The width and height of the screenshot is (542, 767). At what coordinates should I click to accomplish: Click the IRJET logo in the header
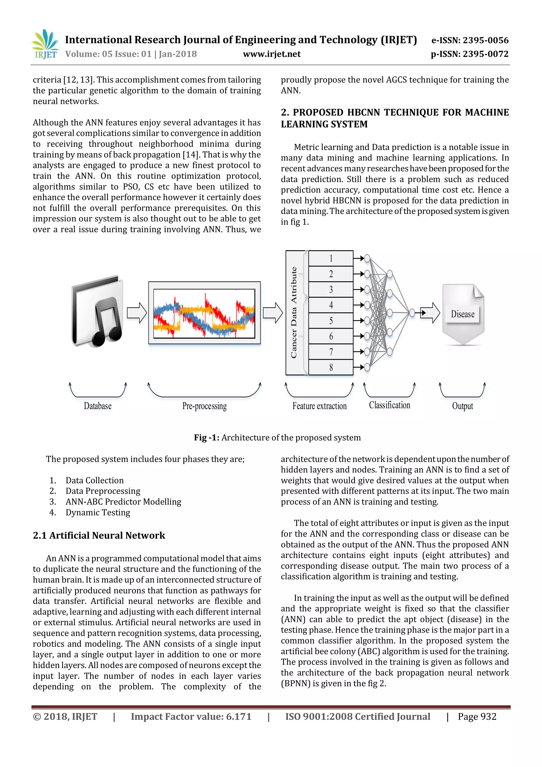click(x=45, y=44)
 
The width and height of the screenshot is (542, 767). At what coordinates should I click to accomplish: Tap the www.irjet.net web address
click(x=272, y=54)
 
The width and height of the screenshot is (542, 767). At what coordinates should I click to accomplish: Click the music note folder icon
click(x=97, y=311)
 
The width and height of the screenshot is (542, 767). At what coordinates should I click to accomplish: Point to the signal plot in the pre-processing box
click(x=204, y=313)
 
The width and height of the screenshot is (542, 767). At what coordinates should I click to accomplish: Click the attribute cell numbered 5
click(x=331, y=321)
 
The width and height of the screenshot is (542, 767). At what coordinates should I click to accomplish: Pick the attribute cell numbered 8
click(x=331, y=367)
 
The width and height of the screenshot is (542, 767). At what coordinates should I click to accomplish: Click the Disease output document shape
click(x=463, y=314)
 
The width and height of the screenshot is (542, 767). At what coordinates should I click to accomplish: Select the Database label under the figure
click(x=97, y=406)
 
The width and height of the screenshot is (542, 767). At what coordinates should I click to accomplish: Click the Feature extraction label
click(x=319, y=406)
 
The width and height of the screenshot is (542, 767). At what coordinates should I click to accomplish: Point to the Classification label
click(x=390, y=405)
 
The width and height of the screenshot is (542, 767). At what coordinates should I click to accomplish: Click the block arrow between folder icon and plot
click(x=137, y=313)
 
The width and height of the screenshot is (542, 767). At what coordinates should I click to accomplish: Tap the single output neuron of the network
click(x=412, y=313)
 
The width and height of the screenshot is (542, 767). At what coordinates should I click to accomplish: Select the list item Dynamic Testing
click(x=98, y=512)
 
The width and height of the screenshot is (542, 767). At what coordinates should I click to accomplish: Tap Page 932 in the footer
click(x=477, y=717)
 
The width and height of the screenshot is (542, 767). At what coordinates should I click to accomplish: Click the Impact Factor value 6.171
click(x=191, y=717)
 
